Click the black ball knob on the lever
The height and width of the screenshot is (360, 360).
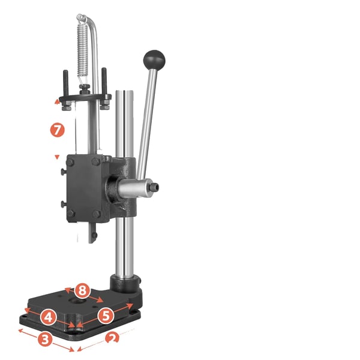(154, 59)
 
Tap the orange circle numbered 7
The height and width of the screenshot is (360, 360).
(58, 130)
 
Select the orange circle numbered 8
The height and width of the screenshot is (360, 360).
(82, 290)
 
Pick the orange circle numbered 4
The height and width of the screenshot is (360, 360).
(48, 317)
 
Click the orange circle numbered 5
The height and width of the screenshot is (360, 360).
(106, 316)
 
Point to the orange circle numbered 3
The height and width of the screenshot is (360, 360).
(45, 338)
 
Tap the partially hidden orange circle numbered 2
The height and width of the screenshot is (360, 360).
(112, 337)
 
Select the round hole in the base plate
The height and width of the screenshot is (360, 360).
(78, 301)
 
